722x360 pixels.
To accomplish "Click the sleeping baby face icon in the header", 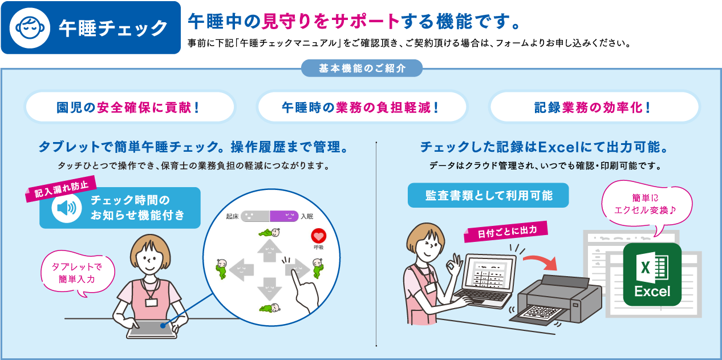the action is pos(30,28).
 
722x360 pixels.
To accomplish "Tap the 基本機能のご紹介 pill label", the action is pos(362,68).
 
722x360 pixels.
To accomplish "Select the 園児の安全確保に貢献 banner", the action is pos(130,107).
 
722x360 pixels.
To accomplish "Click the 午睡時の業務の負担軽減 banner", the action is pos(362,107).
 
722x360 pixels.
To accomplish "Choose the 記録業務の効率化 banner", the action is pos(594,107).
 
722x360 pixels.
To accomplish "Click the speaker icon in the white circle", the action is pos(66,208).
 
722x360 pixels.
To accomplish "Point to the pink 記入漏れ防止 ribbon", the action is pos(61,189).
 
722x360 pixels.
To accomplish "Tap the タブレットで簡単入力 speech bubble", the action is pos(78,273).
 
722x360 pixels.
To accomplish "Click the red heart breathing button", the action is pos(318,236).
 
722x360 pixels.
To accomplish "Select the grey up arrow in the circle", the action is pos(269,250).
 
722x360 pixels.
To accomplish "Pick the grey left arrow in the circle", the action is pos(241,270).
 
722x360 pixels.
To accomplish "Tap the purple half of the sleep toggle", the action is pos(284,216).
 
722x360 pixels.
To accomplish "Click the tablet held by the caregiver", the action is pos(152,329).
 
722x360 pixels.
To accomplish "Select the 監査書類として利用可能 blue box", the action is pos(488,195).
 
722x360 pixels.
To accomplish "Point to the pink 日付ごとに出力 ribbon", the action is pos(506,231).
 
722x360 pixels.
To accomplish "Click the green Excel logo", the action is pos(652,274).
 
